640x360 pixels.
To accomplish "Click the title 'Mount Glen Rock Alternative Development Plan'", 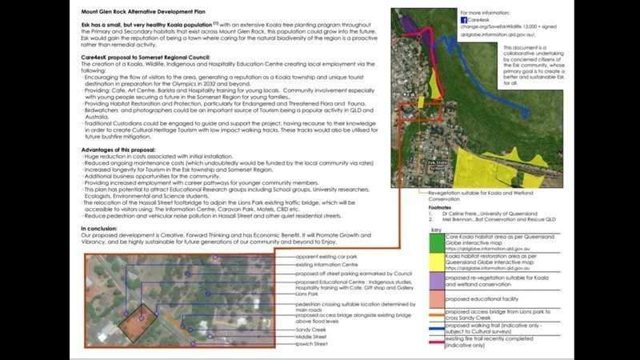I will point(144,14).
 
